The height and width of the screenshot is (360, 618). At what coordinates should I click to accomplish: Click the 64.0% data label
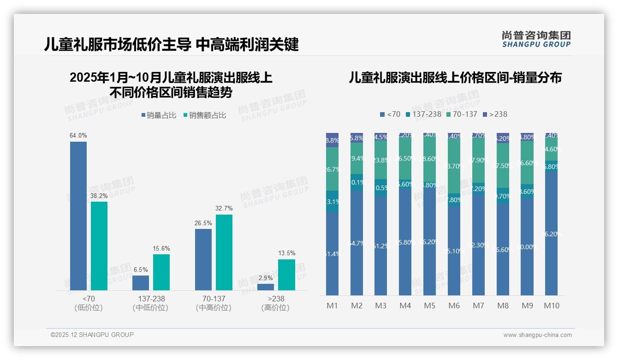pos(78,136)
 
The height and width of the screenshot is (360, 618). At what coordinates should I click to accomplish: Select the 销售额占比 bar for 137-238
pos(161,272)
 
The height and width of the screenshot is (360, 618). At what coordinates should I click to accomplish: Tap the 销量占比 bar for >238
pos(266,287)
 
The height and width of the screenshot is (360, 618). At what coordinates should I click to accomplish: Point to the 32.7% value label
pos(224,209)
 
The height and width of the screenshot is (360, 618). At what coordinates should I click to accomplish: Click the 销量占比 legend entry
pos(158,115)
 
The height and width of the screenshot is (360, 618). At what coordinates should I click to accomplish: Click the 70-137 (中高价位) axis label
pos(214,303)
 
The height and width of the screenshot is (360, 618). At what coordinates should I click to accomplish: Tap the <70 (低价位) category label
pos(88,303)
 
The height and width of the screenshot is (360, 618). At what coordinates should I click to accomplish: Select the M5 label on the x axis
pos(429,306)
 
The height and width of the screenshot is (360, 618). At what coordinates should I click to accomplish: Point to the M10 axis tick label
pos(552,306)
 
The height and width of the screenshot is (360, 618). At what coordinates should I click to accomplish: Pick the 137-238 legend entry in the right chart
pos(423,114)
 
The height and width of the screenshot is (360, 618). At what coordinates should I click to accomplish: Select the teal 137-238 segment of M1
pos(332,201)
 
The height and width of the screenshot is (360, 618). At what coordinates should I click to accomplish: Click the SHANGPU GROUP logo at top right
pos(536,39)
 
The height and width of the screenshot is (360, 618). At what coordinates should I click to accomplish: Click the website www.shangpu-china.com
pos(537,335)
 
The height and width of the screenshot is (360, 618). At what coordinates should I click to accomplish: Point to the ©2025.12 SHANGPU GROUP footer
pos(92,335)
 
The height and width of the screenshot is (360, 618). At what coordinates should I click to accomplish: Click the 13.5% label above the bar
pos(286,253)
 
